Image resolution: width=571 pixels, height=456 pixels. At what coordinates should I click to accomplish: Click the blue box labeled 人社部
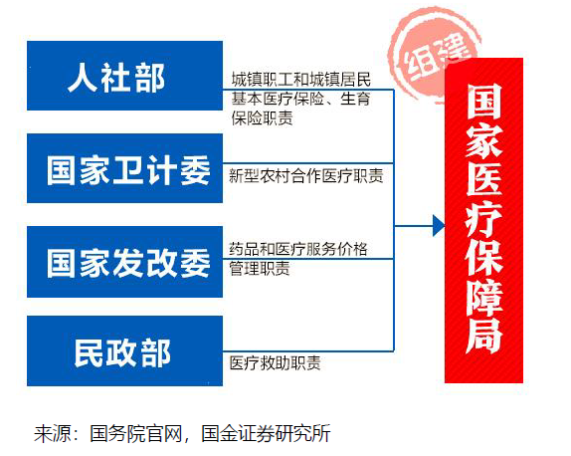pos(125,76)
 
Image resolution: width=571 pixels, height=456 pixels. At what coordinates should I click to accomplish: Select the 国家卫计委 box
pos(125,168)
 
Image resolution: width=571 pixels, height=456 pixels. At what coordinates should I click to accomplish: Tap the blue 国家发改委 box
pos(125,262)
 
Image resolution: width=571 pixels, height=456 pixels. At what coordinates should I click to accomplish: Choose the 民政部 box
pos(125,350)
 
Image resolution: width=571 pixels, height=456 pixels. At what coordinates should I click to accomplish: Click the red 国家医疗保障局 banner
pos(484,220)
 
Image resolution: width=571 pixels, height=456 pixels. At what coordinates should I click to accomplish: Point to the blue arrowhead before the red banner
pos(439,226)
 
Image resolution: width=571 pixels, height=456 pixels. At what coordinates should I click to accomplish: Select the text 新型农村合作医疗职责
pos(306,175)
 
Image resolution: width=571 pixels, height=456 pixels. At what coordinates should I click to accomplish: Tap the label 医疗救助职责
pos(275,363)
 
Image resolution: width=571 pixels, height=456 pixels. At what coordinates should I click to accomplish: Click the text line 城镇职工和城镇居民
pos(301,80)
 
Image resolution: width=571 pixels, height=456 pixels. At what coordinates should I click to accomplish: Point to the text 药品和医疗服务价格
pos(298,249)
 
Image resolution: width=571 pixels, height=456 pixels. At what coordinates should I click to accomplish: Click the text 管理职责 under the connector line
pos(260,269)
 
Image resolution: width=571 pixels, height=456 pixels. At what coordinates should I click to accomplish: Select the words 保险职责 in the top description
pos(263,118)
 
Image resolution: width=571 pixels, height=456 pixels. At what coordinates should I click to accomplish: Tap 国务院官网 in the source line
pos(136,433)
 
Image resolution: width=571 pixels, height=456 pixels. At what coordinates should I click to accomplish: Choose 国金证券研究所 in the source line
pos(266,433)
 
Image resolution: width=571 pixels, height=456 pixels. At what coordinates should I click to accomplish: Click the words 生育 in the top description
pos(355,99)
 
